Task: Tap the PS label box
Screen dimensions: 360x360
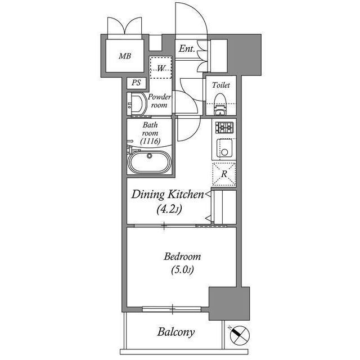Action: tap(136, 83)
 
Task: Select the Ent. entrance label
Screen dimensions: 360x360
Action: tap(187, 49)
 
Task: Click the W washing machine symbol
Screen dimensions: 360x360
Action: tap(161, 69)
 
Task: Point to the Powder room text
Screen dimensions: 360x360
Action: tap(159, 101)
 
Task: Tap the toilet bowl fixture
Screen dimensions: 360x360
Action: tap(220, 104)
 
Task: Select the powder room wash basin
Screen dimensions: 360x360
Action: tap(137, 104)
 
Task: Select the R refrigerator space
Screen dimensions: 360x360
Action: tap(224, 174)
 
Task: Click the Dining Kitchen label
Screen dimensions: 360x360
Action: tap(167, 195)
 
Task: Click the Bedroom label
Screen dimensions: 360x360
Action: tap(182, 256)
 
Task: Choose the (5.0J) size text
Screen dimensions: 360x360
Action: tap(182, 270)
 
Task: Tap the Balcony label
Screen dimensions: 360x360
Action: tap(175, 332)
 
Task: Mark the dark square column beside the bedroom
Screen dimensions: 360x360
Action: tap(229, 304)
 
